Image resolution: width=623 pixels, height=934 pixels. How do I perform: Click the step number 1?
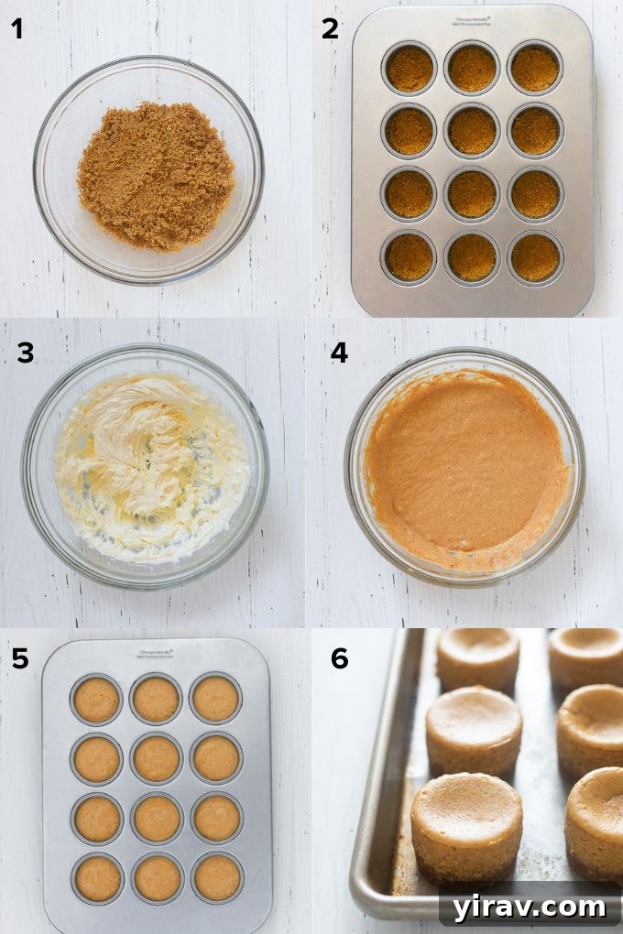[x=16, y=29]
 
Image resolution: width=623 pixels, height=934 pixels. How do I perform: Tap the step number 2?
[x=330, y=29]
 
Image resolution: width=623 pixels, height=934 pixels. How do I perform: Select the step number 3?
[x=26, y=353]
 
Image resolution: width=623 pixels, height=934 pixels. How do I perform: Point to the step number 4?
[x=339, y=353]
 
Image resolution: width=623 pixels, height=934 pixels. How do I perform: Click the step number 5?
[x=20, y=658]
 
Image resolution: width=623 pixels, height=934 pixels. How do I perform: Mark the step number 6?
[x=340, y=658]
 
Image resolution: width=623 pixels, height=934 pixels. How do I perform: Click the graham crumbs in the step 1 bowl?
[x=155, y=175]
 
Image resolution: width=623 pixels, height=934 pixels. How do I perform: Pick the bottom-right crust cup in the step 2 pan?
[x=535, y=256]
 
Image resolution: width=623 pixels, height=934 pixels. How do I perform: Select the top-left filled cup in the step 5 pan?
[x=96, y=700]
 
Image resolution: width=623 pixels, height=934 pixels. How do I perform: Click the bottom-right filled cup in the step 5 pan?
[x=216, y=876]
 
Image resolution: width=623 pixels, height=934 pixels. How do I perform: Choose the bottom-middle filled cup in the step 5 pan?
[x=157, y=876]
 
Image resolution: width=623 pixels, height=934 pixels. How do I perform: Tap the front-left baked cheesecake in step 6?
[x=466, y=824]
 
